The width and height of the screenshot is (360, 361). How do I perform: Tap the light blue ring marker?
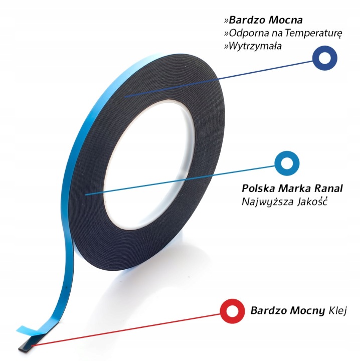286,164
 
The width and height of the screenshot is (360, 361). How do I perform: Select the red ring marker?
232,309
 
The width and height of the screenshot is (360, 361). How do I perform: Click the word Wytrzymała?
255,46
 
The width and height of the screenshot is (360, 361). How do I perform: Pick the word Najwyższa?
264,202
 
